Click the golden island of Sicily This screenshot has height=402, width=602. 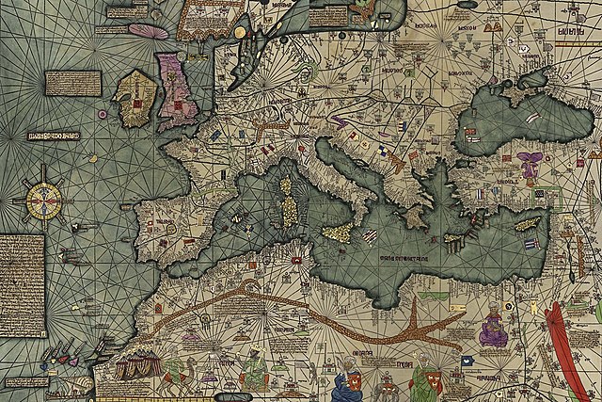coord(337,232)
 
